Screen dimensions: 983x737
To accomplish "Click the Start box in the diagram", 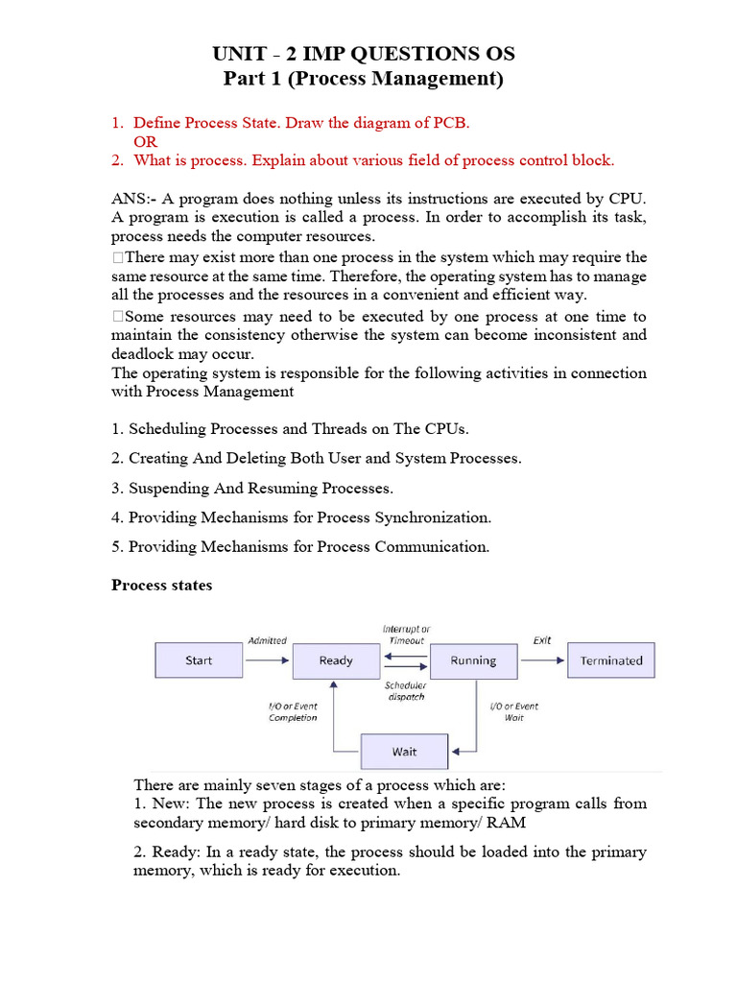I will pos(199,660).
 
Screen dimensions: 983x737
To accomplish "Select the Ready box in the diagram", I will pos(336,660).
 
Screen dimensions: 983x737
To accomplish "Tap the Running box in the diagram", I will pos(473,660).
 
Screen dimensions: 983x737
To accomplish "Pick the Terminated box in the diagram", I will pos(611,660).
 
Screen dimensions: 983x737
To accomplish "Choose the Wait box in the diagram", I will pos(404,752).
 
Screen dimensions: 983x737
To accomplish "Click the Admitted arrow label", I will pos(267,640).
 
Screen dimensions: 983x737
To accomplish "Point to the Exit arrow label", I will pos(542,640).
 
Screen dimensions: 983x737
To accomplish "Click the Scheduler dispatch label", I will pos(405,691).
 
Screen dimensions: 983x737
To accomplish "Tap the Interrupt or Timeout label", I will pos(406,635).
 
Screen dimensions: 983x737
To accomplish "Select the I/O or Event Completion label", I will pos(293,711).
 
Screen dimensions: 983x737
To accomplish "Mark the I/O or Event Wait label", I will pos(514,711).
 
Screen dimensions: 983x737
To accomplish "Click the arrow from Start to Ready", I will pos(266,660).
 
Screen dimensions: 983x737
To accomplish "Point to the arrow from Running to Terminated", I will pos(541,660).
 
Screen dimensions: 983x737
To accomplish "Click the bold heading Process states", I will pos(162,585).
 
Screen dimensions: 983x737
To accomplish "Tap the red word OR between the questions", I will pos(145,142).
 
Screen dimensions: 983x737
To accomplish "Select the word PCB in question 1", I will pos(450,123).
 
